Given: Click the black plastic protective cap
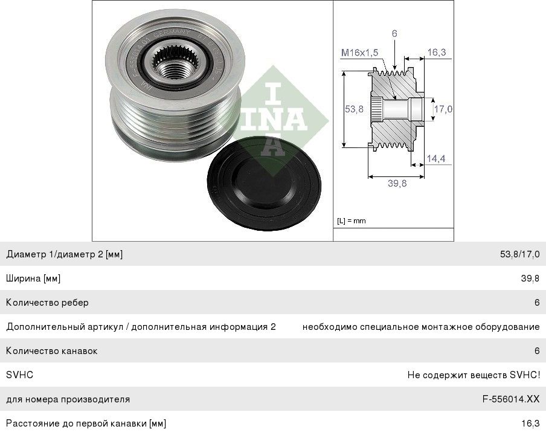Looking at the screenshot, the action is pos(263,184).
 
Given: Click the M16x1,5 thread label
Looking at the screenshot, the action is pos(359,53).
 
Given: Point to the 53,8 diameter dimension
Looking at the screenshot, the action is pos(354,109).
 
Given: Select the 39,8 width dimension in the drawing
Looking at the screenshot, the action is pos(397,183).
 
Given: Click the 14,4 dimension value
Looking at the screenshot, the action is pos(436,158).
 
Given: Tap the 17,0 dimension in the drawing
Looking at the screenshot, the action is pos(443,109).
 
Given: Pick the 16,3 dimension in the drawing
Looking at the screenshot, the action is pos(437,52).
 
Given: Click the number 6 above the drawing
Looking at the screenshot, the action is pos(394,33).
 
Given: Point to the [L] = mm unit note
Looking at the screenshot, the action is pos(352,221).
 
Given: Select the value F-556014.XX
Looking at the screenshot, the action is pos(511,399).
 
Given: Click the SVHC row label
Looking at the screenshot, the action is pos(20,375).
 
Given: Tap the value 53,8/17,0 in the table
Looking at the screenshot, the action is pos(520,254).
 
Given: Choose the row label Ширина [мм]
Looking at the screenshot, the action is pos(33,279).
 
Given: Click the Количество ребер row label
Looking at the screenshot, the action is pos(47,302).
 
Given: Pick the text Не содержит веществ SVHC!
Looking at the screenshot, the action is pos(474,375).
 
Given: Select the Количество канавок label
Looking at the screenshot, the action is pos(51,350).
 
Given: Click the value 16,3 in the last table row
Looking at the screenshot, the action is pos(530,424).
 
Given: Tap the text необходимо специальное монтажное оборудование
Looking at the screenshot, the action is pos(421,327).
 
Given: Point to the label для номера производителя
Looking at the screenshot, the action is pos(68,399).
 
